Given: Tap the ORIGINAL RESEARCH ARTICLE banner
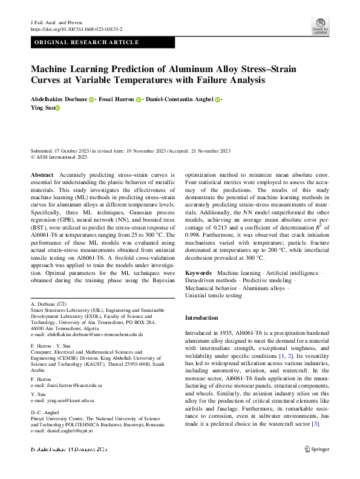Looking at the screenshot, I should (87, 42).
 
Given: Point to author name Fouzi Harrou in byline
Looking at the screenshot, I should (116, 99).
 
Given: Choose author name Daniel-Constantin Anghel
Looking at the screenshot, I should (180, 99).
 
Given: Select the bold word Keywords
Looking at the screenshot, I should (198, 274).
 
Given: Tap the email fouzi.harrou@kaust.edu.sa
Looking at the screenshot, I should (71, 385).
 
